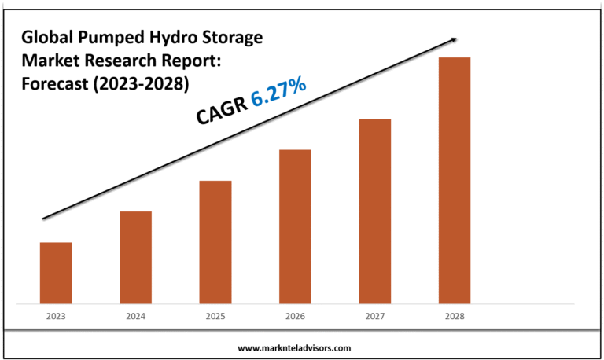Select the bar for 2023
click(x=56, y=272)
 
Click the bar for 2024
click(x=135, y=257)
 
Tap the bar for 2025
click(x=215, y=241)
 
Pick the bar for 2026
click(x=295, y=226)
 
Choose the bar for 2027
click(x=374, y=211)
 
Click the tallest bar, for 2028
click(x=455, y=180)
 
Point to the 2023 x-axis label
click(x=56, y=316)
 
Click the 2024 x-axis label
click(x=135, y=316)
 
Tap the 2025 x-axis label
click(x=215, y=316)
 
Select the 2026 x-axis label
click(x=295, y=316)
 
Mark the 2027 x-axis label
click(x=374, y=316)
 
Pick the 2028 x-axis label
click(x=455, y=316)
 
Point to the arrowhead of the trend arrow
click(x=455, y=37)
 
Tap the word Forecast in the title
click(x=56, y=82)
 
